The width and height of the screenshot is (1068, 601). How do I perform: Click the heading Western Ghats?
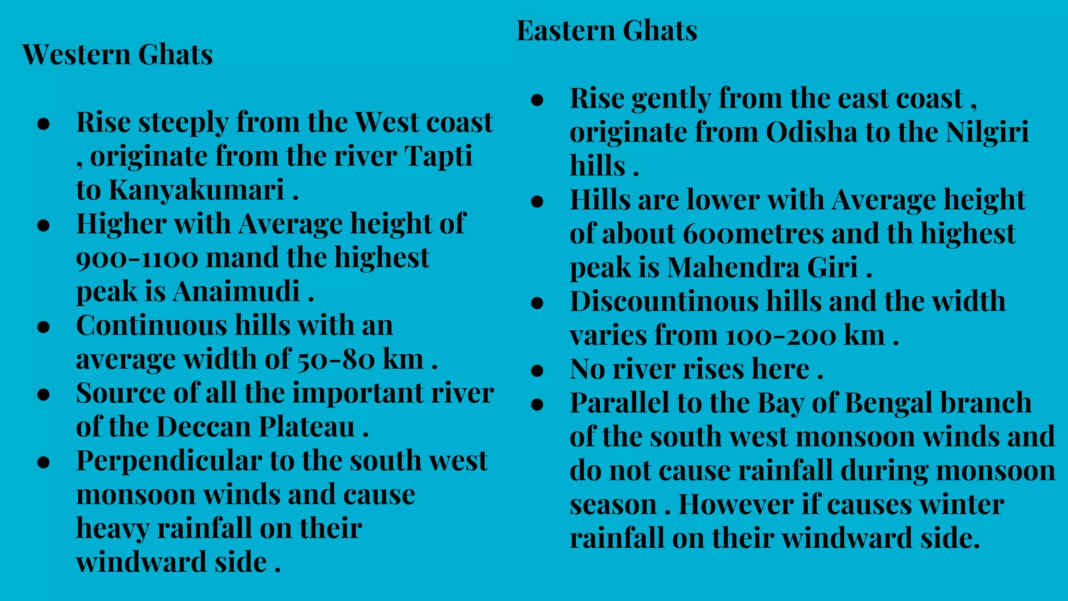click(117, 54)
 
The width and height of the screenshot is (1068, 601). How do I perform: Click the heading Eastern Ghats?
click(606, 30)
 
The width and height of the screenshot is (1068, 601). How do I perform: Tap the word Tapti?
click(439, 157)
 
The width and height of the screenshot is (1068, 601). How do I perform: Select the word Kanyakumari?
click(196, 190)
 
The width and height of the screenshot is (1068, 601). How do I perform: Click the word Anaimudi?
click(236, 291)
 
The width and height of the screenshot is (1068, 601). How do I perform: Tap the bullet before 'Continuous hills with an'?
click(44, 327)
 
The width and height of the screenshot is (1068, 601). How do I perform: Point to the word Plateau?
click(307, 427)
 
